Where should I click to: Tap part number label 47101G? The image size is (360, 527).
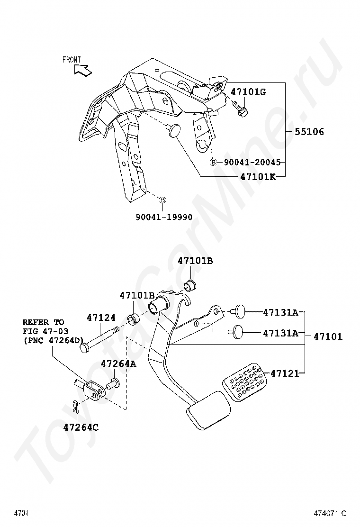(248, 92)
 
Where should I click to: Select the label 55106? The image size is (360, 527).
(309, 132)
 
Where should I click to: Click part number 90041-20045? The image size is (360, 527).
(251, 162)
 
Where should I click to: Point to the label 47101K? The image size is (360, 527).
(257, 177)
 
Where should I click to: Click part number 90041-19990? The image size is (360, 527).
(164, 217)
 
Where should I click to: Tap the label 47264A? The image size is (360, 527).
(118, 363)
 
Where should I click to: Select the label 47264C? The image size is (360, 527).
(81, 427)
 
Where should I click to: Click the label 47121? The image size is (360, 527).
(285, 373)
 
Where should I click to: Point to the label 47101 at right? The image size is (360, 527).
(328, 337)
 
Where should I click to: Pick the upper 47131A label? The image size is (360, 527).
(280, 312)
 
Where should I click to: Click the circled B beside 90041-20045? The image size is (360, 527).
(213, 162)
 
